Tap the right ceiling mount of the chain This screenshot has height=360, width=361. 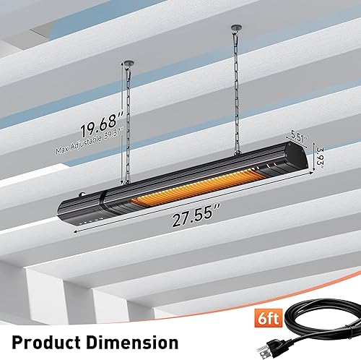pos(235,31)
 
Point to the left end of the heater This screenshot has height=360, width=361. pos(69,208)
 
